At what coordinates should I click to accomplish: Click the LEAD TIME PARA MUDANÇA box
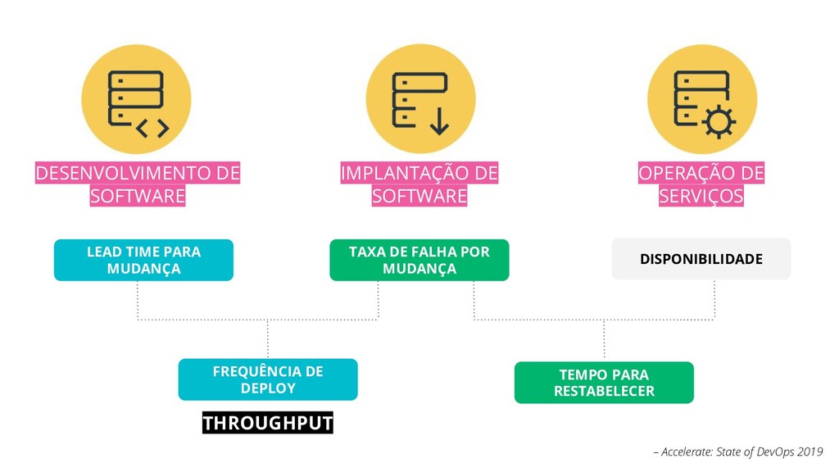(143, 260)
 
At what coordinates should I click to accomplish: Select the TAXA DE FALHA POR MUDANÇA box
(419, 260)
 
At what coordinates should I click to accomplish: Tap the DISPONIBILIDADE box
(701, 259)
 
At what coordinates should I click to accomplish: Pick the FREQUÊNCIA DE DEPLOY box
(268, 379)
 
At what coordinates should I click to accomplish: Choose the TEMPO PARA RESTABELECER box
(604, 383)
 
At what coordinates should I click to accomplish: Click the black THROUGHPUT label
(268, 423)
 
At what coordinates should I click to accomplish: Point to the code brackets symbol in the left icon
(152, 128)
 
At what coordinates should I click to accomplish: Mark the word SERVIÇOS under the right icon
(701, 197)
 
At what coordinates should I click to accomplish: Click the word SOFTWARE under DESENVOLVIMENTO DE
(138, 197)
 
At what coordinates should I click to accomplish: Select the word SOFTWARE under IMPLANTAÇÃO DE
(419, 197)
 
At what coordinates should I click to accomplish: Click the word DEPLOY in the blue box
(268, 388)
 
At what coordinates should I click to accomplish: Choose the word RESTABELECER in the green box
(604, 391)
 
